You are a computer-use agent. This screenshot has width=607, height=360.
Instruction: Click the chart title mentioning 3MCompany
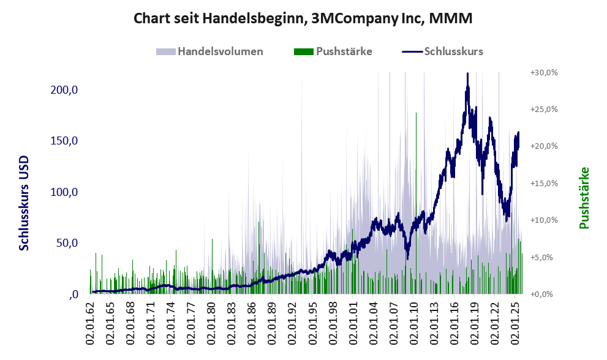303,19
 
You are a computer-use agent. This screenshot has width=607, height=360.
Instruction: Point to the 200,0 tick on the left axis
64,90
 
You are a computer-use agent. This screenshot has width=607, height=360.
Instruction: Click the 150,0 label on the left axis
64,141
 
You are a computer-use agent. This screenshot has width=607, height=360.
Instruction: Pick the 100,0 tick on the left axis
64,192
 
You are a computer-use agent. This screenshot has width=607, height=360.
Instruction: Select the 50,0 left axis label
67,243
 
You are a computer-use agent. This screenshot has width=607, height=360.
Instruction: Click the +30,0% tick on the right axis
543,72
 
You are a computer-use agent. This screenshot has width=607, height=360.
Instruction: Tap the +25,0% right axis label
543,109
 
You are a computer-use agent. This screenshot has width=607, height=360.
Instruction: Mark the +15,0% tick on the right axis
543,183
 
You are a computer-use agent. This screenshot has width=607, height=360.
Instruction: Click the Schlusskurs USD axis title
25,203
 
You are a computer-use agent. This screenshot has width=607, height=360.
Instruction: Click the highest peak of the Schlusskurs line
467,74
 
